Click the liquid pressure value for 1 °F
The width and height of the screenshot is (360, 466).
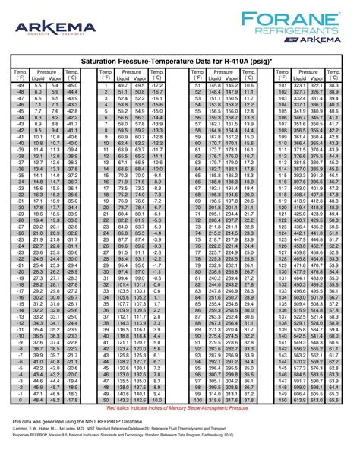pos(123,86)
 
